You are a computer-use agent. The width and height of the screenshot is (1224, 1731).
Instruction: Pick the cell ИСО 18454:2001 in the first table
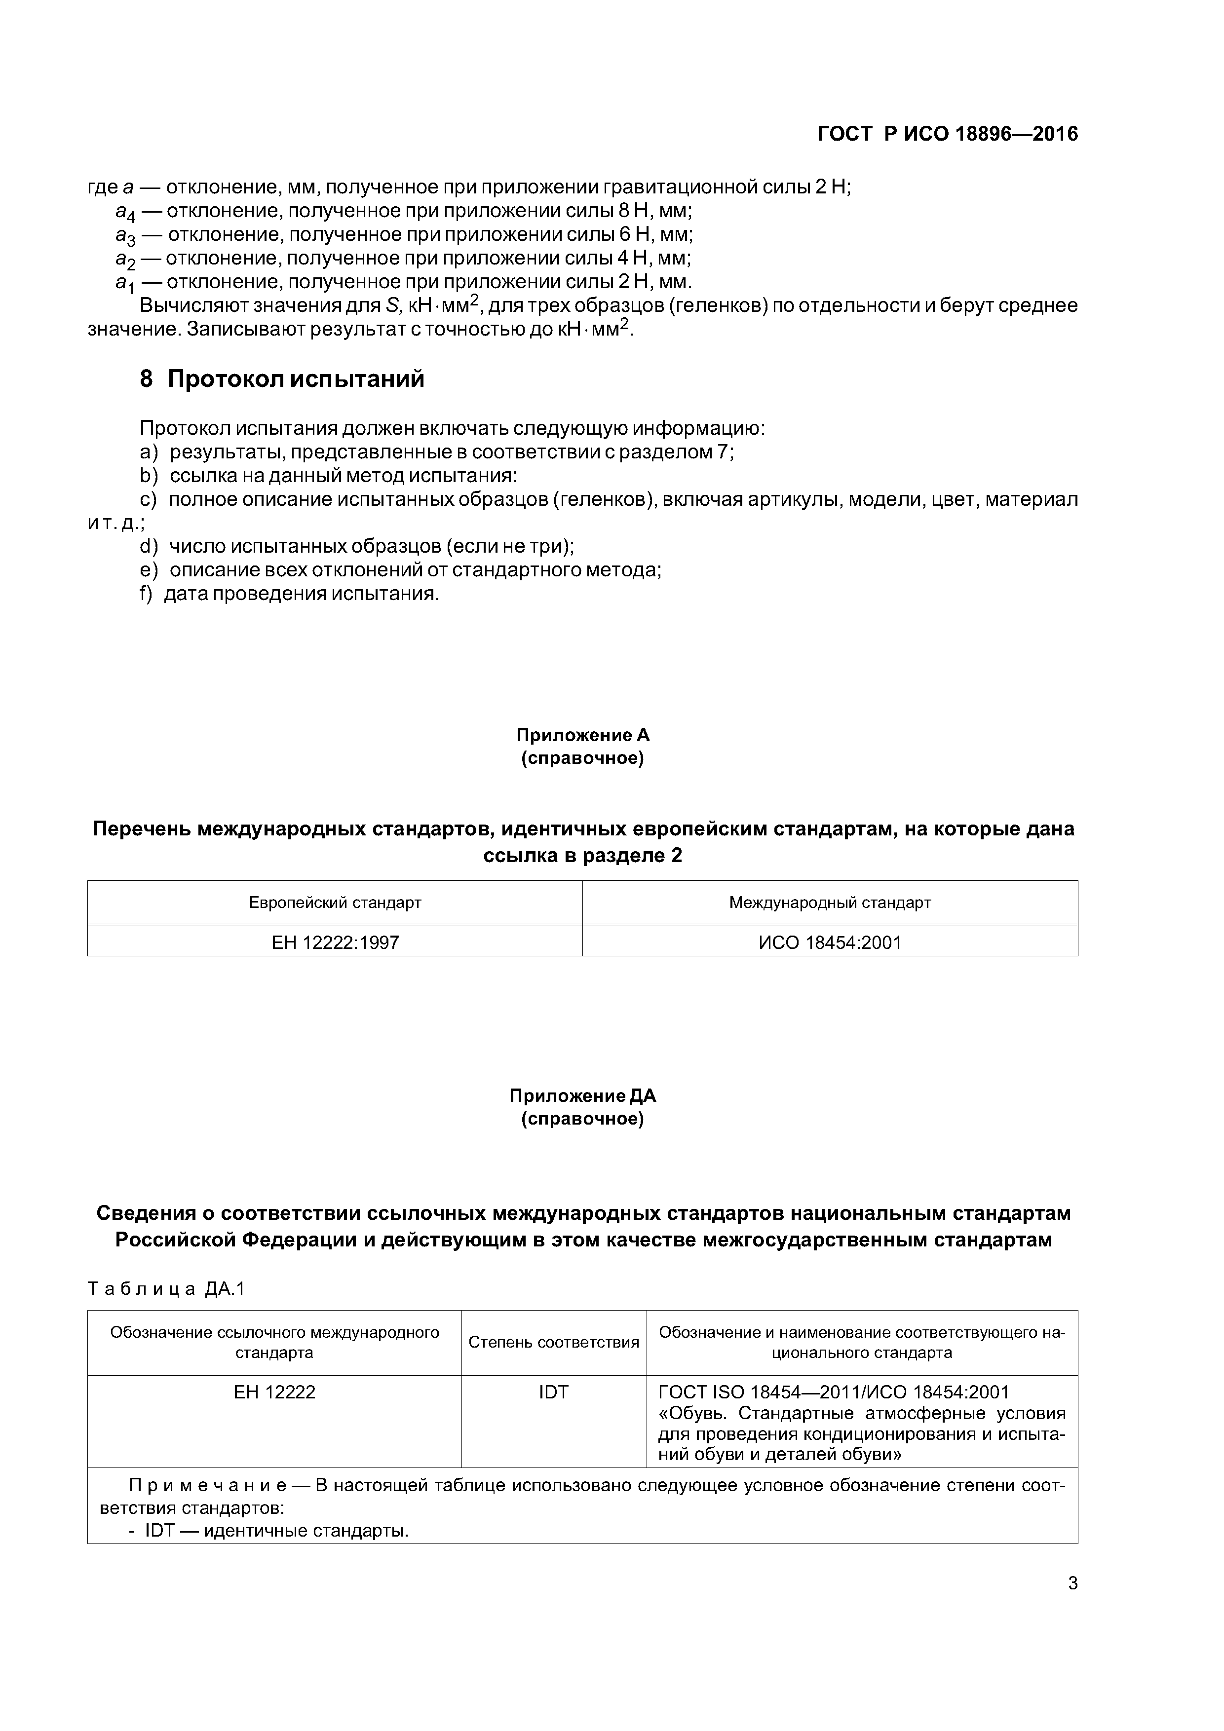coord(830,942)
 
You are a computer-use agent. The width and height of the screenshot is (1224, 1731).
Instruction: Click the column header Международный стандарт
coord(830,903)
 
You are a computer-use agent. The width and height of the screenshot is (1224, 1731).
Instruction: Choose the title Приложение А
coord(582,735)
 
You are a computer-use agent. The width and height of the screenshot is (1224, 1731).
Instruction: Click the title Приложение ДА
coord(582,1095)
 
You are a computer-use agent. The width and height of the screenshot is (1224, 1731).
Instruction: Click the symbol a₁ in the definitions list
coord(124,283)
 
